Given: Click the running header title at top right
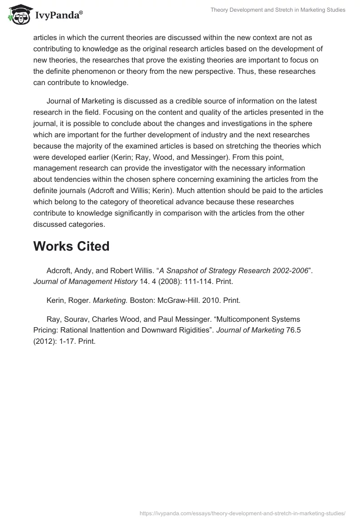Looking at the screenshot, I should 278,10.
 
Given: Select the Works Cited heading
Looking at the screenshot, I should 71,246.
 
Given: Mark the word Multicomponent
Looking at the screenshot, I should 252,319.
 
